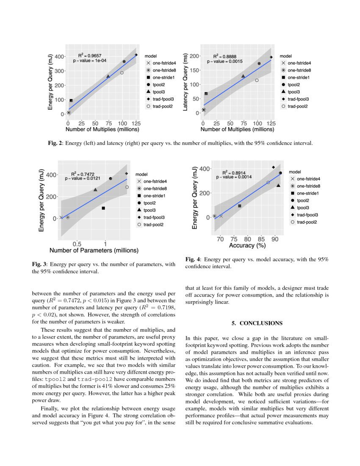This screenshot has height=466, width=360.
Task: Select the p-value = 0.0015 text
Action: pyautogui.click(x=224, y=61)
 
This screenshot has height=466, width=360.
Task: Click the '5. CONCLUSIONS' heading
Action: pyautogui.click(x=257, y=323)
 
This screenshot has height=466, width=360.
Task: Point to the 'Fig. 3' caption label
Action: pyautogui.click(x=39, y=264)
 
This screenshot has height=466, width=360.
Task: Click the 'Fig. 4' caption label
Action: pyautogui.click(x=193, y=259)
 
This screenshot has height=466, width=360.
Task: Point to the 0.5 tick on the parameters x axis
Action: pyautogui.click(x=77, y=244)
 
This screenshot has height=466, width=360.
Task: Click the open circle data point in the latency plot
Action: pyautogui.click(x=257, y=80)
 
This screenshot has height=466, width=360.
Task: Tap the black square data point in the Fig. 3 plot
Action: pyautogui.click(x=103, y=208)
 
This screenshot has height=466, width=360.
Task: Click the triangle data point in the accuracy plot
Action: pyautogui.click(x=278, y=186)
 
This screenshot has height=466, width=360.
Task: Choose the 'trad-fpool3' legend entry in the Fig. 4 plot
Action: pyautogui.click(x=308, y=215)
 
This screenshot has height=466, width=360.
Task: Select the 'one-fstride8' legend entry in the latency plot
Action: pyautogui.click(x=299, y=70)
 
